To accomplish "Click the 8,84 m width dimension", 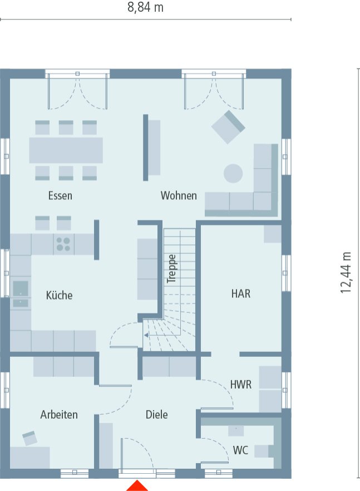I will (x=145, y=7).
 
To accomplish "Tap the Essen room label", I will (x=60, y=196).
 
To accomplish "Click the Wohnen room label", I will (x=179, y=196).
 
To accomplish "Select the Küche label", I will (x=59, y=295).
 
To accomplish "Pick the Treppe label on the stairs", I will (x=171, y=269).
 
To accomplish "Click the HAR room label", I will (x=241, y=293).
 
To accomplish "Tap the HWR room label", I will (x=241, y=385).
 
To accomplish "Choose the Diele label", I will (x=156, y=415).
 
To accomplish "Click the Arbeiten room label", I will (x=59, y=415).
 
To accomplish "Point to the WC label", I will (x=240, y=450).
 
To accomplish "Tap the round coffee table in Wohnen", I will (x=233, y=173).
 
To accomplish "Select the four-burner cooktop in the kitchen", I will (x=63, y=244).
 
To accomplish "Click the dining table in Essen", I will (x=66, y=150).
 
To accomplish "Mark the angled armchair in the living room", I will (x=228, y=127).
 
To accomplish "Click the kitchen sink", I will (x=21, y=289).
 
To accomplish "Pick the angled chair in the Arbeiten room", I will (x=29, y=438).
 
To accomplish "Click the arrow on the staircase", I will (x=146, y=335).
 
